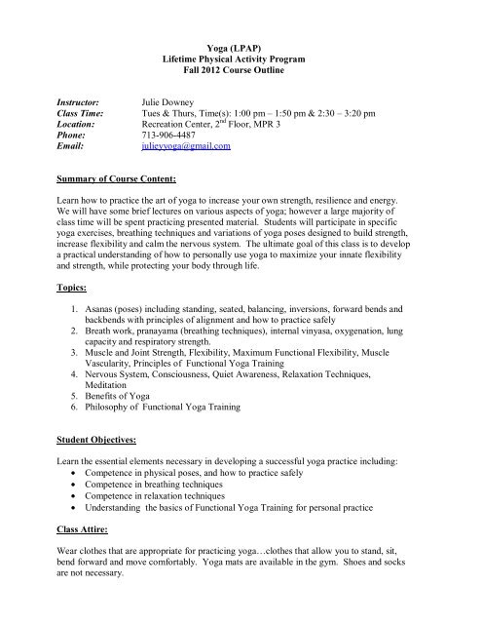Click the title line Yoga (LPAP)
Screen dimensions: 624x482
point(241,47)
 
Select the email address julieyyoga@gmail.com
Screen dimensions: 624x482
point(185,146)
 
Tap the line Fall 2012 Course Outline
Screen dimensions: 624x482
point(241,72)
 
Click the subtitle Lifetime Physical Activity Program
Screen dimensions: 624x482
point(241,59)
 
